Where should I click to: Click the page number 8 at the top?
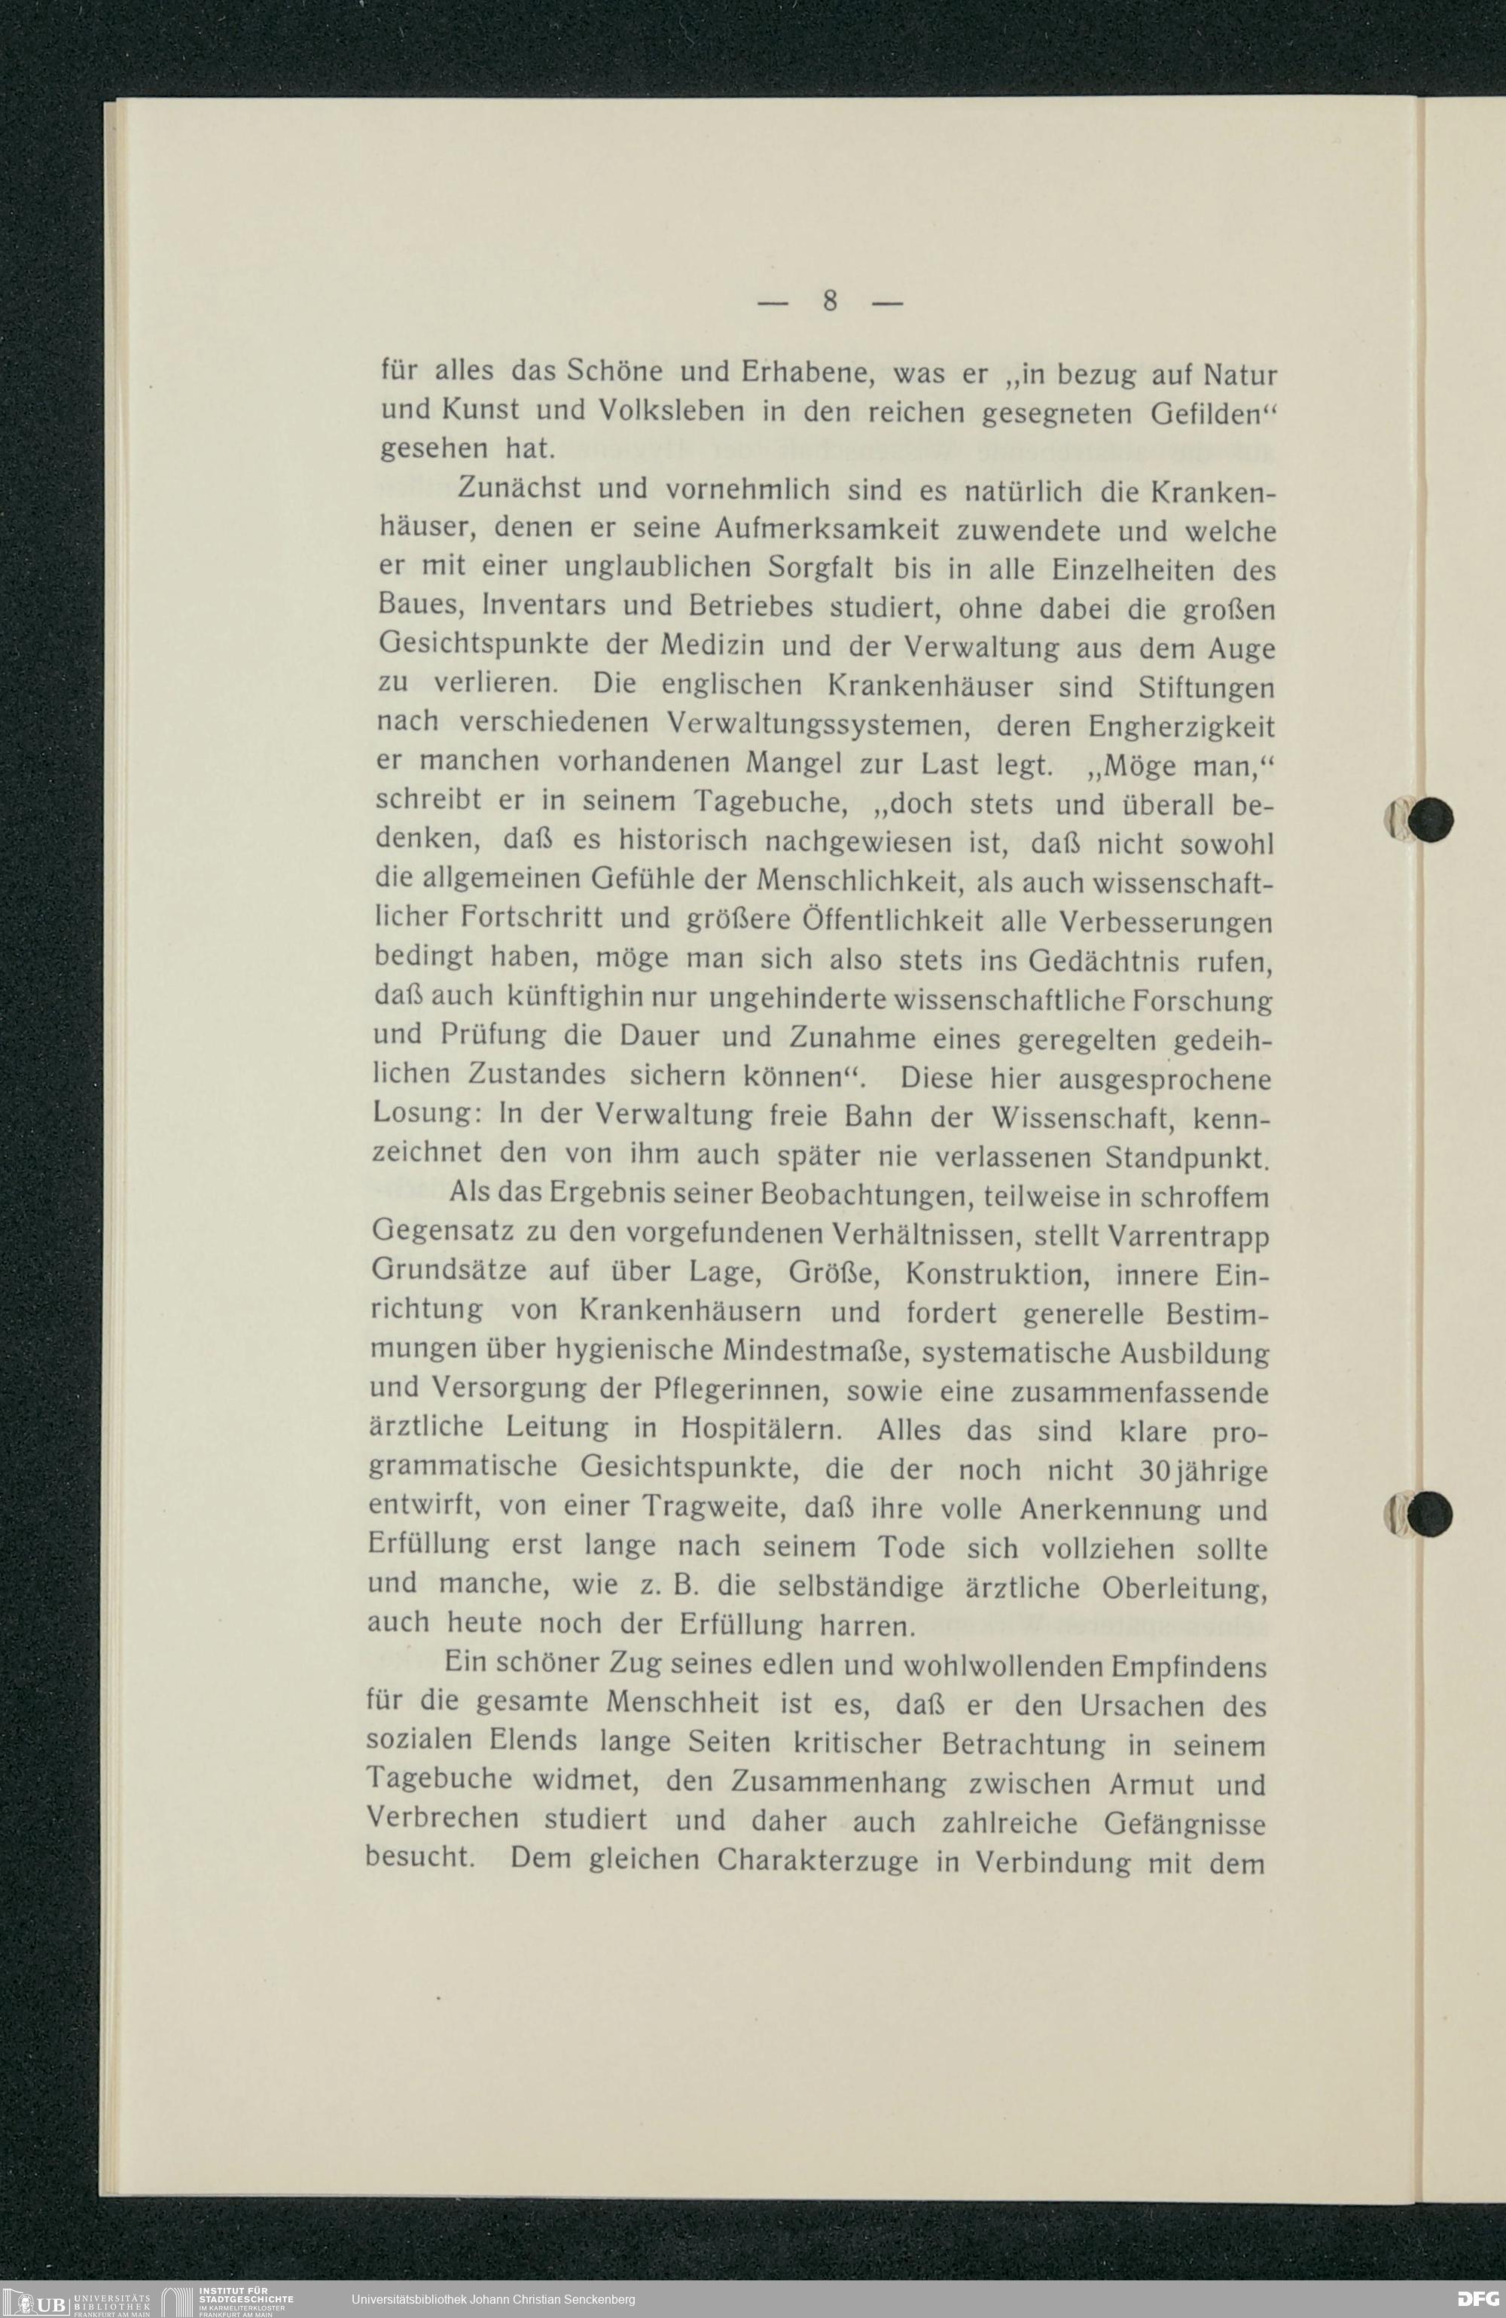click(830, 301)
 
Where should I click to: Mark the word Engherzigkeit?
click(1181, 727)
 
